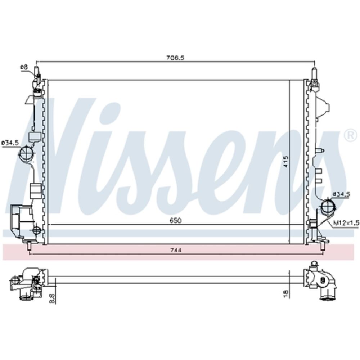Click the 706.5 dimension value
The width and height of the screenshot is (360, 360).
[175, 58]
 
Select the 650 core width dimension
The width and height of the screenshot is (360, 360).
[176, 220]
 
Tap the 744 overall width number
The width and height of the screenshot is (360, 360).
[176, 250]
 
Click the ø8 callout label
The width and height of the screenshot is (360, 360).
[24, 67]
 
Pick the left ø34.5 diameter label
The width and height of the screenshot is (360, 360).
[10, 143]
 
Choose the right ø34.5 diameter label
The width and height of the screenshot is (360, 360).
[341, 194]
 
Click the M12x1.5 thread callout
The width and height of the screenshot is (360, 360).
[346, 223]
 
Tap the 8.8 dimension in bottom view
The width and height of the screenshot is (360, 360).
[52, 299]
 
